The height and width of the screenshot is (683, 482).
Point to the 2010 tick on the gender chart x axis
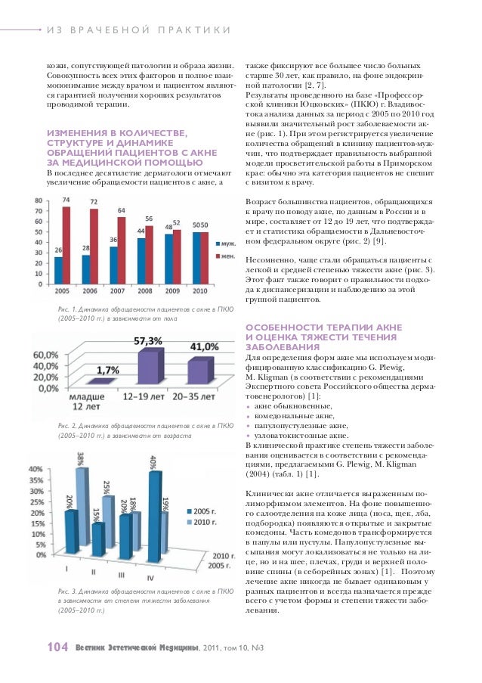click(202, 290)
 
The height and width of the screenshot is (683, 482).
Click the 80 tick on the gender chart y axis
click(39, 200)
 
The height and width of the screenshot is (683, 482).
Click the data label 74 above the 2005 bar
click(66, 199)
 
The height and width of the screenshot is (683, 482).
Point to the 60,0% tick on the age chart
click(46, 353)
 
